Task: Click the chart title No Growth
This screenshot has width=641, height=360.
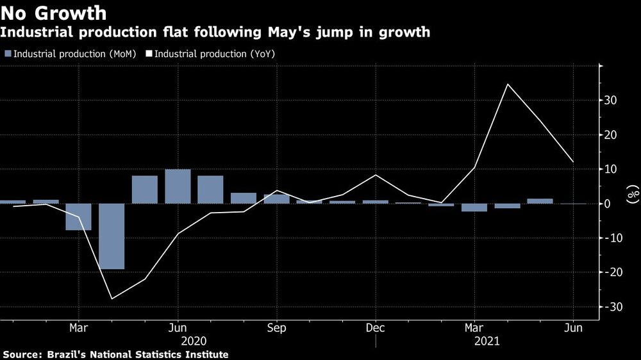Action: pyautogui.click(x=54, y=12)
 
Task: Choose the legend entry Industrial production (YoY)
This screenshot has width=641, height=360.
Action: pyautogui.click(x=215, y=54)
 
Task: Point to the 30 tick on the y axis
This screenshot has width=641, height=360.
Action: pyautogui.click(x=610, y=101)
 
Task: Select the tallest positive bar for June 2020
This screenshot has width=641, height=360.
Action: pyautogui.click(x=178, y=186)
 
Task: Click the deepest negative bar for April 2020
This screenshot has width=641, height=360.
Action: pyautogui.click(x=112, y=236)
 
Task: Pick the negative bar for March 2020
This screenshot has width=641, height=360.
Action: pyautogui.click(x=78, y=217)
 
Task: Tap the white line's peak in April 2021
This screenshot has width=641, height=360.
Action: pyautogui.click(x=508, y=84)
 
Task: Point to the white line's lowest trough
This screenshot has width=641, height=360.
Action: pyautogui.click(x=112, y=299)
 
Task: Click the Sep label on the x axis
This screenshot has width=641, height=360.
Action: pyautogui.click(x=276, y=328)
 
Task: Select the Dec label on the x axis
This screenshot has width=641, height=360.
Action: pyautogui.click(x=375, y=328)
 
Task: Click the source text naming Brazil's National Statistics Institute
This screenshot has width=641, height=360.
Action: pyautogui.click(x=115, y=354)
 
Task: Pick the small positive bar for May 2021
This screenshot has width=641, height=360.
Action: pyautogui.click(x=540, y=201)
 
